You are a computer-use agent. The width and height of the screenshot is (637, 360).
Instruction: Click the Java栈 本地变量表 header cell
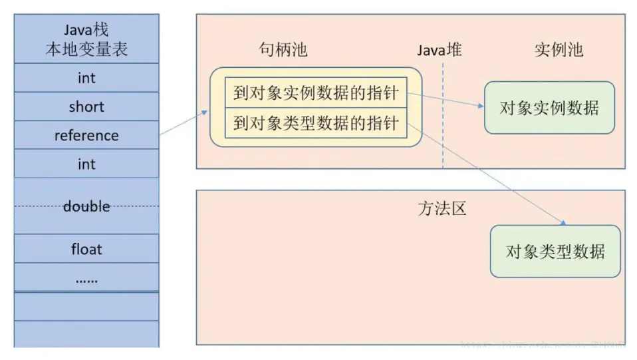(86, 39)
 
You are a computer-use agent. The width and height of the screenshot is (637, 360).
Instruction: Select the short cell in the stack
(86, 106)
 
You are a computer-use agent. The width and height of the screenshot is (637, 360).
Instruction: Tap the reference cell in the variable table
(86, 136)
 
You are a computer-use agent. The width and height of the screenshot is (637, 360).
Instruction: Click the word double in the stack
(86, 206)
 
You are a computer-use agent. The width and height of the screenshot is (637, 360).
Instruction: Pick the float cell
(86, 250)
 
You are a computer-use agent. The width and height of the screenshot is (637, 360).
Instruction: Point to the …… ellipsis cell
(86, 278)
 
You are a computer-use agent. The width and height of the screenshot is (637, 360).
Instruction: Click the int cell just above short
(86, 78)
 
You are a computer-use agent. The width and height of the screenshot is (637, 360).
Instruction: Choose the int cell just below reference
(86, 164)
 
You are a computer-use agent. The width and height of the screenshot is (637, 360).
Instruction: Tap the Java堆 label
(440, 51)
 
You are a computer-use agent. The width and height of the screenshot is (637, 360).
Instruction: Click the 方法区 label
(442, 209)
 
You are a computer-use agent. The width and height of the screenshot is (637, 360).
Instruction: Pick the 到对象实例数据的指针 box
(315, 93)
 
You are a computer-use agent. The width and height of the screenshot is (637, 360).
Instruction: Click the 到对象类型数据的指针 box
(315, 123)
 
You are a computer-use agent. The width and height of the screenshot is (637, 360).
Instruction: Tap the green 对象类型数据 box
(555, 252)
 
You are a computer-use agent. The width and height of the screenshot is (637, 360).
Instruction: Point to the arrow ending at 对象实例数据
(446, 100)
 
